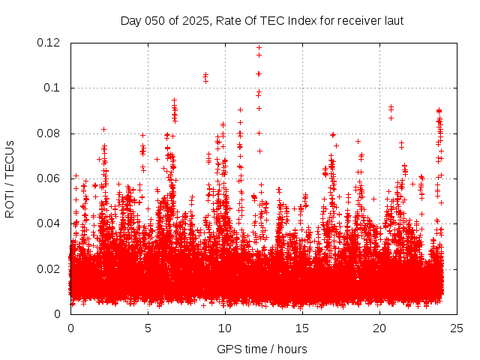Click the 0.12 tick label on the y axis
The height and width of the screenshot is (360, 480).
[x=49, y=43]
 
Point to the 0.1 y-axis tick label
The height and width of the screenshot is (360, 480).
[x=53, y=88]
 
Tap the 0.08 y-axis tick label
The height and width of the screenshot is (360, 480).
[x=49, y=133]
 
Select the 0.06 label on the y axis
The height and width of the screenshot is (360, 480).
[x=49, y=178]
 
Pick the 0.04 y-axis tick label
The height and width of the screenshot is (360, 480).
[x=49, y=223]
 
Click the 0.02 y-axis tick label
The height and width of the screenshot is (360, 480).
[x=49, y=268]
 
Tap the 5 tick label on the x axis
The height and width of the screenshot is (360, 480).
[x=148, y=328]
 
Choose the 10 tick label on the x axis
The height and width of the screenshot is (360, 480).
[x=225, y=328]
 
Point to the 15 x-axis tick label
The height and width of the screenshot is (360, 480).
[x=302, y=328]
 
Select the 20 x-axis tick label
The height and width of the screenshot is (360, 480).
[x=379, y=328]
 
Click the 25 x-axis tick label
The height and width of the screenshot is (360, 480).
[x=457, y=328]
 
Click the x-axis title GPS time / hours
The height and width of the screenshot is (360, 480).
[x=262, y=349]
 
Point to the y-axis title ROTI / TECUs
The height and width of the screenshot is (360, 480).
[x=10, y=178]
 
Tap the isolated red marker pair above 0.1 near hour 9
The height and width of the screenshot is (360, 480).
[x=205, y=77]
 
